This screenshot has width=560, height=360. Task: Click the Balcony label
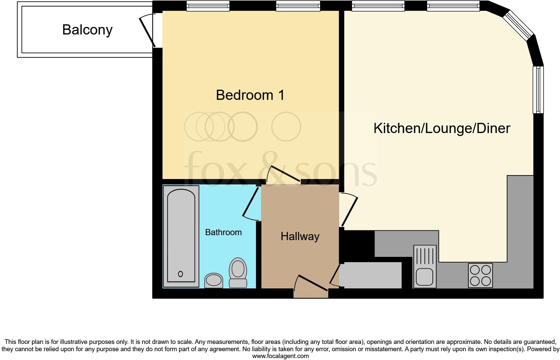point(87,30)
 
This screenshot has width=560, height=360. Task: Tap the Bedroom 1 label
point(250,95)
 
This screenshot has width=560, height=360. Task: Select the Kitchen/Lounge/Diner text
point(441,128)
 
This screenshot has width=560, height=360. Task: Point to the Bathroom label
point(223,232)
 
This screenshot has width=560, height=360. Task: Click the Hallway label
point(300,236)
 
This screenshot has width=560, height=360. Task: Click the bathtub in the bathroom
point(181,236)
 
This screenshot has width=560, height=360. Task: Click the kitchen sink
point(425,267)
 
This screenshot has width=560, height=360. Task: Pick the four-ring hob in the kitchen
point(480,275)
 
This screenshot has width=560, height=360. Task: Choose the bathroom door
point(251,204)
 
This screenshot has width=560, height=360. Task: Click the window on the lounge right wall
point(538,89)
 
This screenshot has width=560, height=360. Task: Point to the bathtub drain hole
point(180,274)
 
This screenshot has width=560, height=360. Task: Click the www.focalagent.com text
point(280,356)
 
